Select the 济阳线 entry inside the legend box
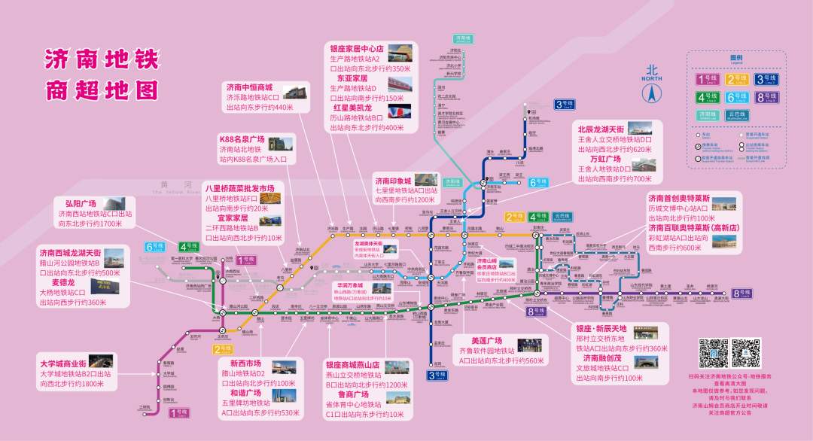click(708, 115)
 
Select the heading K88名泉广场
click(242, 140)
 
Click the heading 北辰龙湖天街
click(600, 129)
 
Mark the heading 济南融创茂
click(597, 358)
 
